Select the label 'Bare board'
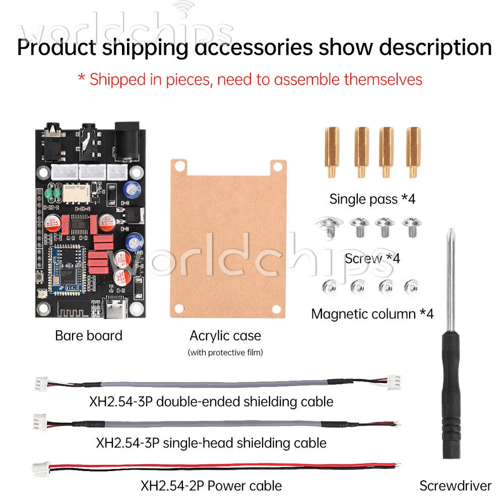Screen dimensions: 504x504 89,336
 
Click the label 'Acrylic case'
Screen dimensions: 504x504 225,336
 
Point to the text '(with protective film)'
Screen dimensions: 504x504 225,353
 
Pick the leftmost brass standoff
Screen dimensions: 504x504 332,152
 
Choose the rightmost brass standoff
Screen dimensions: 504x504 413,152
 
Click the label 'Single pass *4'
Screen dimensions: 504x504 372,199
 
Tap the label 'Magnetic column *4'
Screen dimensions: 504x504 372,314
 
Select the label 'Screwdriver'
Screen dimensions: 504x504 456,486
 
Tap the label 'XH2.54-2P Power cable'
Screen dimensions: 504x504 211,486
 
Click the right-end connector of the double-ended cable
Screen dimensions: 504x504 395,382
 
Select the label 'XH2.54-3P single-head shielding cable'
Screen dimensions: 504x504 211,443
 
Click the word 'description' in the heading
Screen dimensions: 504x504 435,47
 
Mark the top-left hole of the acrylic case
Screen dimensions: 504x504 180,166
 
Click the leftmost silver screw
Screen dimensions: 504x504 329,226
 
